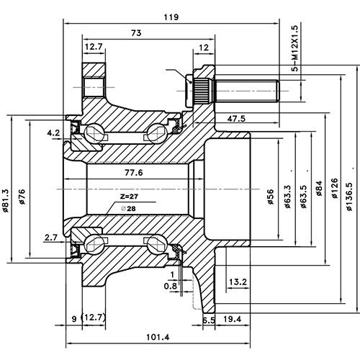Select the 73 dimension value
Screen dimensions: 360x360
coord(134,32)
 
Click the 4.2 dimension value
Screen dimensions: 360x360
coord(53,133)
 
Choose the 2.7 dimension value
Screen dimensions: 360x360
coord(51,236)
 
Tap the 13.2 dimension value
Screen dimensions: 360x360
coord(238,282)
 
